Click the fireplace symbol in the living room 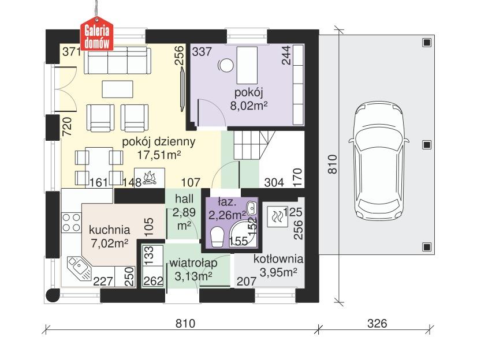click(x=150, y=177)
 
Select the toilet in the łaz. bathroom click(x=218, y=237)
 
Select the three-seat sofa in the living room click(x=118, y=61)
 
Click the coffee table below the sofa click(x=118, y=88)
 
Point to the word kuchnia click(x=110, y=229)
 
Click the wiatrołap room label click(x=193, y=263)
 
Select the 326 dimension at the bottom click(x=377, y=324)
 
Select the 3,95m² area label click(x=279, y=273)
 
